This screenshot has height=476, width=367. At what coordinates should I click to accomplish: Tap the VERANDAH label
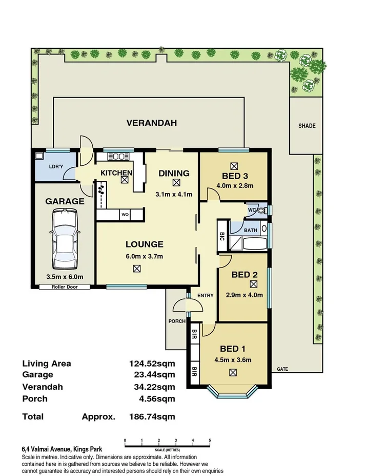tap(152, 123)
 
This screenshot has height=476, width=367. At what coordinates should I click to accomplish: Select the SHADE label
tap(307, 126)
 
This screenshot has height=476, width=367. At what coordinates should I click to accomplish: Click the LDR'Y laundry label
tap(55, 166)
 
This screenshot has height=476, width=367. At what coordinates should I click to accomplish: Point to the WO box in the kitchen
tap(125, 215)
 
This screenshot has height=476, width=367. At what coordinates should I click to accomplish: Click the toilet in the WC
tap(263, 211)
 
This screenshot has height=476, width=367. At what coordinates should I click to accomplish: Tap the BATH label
tap(251, 231)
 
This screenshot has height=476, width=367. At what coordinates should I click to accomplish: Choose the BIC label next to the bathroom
tap(222, 237)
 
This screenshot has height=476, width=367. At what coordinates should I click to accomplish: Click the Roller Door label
tap(65, 287)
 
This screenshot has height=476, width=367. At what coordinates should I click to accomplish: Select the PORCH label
tap(176, 321)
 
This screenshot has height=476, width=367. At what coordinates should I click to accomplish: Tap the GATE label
tap(282, 369)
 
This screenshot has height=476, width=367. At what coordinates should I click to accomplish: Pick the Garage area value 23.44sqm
tap(152, 375)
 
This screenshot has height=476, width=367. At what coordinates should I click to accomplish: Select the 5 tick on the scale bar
tap(210, 441)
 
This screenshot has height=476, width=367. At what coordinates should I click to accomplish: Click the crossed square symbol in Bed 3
tap(234, 166)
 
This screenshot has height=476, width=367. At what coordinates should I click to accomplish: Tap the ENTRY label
tap(205, 295)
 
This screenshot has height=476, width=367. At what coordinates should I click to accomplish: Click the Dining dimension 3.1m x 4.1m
tap(174, 194)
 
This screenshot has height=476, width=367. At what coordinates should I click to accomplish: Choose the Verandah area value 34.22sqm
tap(152, 387)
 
